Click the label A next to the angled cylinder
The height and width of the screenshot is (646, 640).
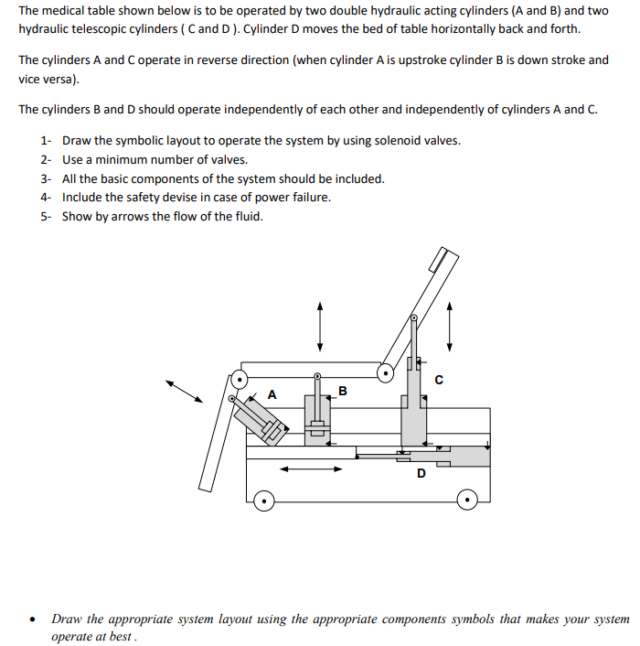(x=272, y=394)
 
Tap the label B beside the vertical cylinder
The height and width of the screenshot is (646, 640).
(x=343, y=392)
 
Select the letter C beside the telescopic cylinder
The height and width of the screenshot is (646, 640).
(x=439, y=382)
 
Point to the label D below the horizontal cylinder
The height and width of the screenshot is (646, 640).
(x=421, y=473)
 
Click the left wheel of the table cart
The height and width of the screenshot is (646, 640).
(x=263, y=501)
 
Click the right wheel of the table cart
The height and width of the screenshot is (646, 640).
(x=467, y=501)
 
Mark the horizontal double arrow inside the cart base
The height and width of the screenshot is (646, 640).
(x=311, y=470)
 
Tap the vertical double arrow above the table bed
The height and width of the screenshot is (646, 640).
(x=319, y=327)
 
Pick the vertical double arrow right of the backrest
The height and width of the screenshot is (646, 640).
(x=449, y=327)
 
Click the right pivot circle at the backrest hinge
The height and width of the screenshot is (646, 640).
(x=388, y=372)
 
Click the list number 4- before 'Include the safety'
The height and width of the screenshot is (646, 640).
(x=46, y=198)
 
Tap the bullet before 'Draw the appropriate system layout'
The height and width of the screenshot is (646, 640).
(x=33, y=619)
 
